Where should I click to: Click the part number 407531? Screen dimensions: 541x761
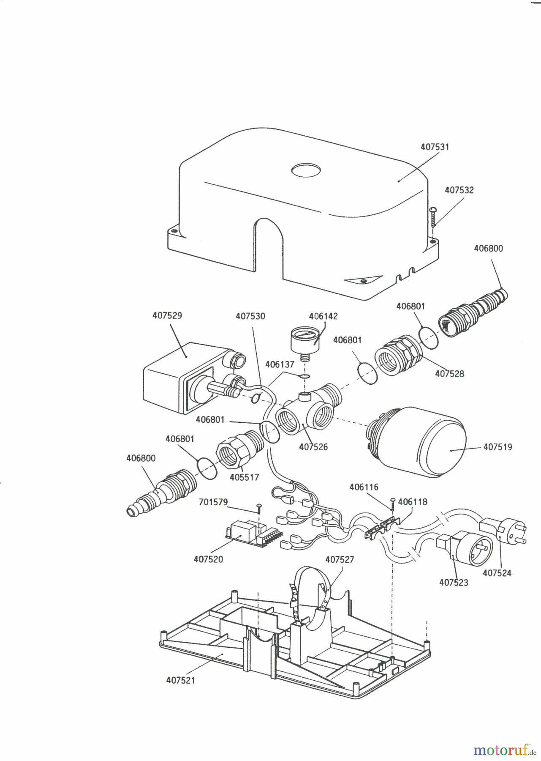[435, 147]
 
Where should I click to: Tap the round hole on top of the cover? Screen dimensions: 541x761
[306, 170]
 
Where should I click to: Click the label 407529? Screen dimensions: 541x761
[167, 316]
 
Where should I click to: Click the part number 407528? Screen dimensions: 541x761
[449, 374]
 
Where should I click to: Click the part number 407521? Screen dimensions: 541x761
[181, 680]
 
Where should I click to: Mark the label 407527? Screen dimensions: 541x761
[340, 559]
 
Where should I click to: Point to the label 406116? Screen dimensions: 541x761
[364, 487]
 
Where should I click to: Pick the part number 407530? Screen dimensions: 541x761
[250, 316]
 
